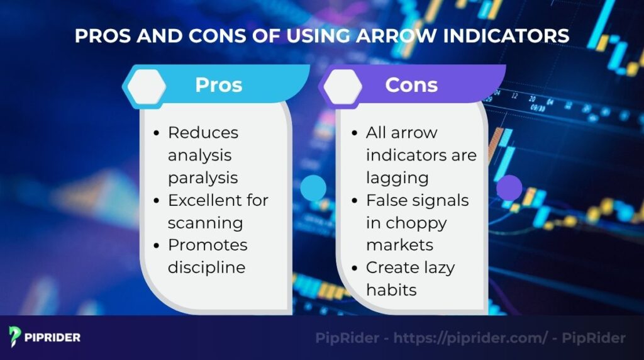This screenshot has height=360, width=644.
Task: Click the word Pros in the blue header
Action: coord(218,85)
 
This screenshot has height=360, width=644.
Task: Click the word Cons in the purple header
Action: coord(411,85)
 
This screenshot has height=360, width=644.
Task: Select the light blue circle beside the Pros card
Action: coord(313,188)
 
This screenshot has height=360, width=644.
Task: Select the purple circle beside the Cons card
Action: coord(509,188)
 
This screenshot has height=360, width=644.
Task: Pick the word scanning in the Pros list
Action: coord(205,223)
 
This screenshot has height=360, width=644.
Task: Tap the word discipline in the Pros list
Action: coord(206,267)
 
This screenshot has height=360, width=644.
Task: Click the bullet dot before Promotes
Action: coord(157,245)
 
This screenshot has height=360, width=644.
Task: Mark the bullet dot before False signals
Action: coord(355,201)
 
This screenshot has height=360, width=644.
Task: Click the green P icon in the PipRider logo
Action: coord(15,337)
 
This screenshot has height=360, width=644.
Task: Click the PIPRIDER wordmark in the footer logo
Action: coord(53,337)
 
